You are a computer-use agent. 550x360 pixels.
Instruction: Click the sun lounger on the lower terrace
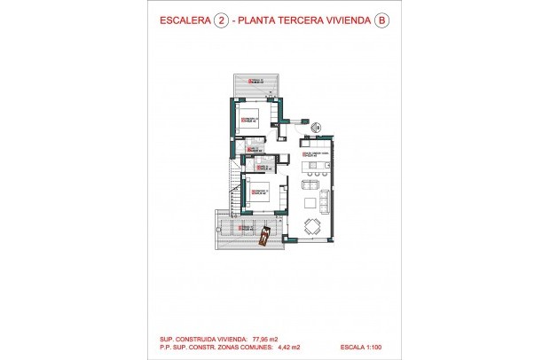click(264, 237)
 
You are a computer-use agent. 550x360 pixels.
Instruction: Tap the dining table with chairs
click(312, 225)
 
